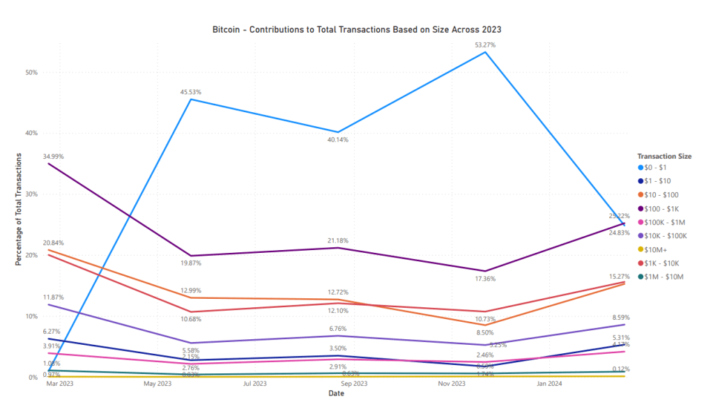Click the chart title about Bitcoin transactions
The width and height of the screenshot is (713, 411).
(x=356, y=31)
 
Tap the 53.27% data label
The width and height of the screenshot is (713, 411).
(x=485, y=45)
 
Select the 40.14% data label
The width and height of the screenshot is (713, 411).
(x=337, y=140)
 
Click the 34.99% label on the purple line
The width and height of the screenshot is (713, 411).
(x=53, y=157)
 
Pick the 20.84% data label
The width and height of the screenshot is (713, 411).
(x=53, y=243)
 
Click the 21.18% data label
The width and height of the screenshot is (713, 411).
(x=337, y=241)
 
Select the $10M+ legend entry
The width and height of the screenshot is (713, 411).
(x=660, y=249)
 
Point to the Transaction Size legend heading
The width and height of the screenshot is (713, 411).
(x=664, y=157)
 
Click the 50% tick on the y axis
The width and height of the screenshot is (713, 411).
(x=31, y=72)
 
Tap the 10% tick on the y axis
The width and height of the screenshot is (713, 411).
(x=31, y=316)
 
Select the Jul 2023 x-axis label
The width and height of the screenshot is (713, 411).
(x=254, y=384)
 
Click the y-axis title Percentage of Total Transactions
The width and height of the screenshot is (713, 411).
(x=19, y=209)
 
